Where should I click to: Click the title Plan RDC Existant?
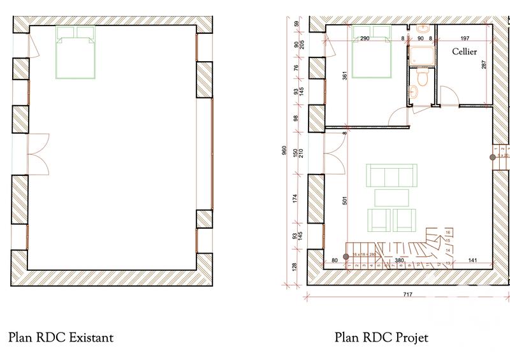(61, 336)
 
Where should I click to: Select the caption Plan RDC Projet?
(382, 336)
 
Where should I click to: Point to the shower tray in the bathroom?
(421, 55)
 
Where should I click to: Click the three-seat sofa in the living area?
(390, 175)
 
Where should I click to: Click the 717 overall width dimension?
(407, 294)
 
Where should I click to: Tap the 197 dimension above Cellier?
(464, 39)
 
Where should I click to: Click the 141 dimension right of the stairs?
(472, 260)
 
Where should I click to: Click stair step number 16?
(448, 233)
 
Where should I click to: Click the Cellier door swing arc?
(449, 97)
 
